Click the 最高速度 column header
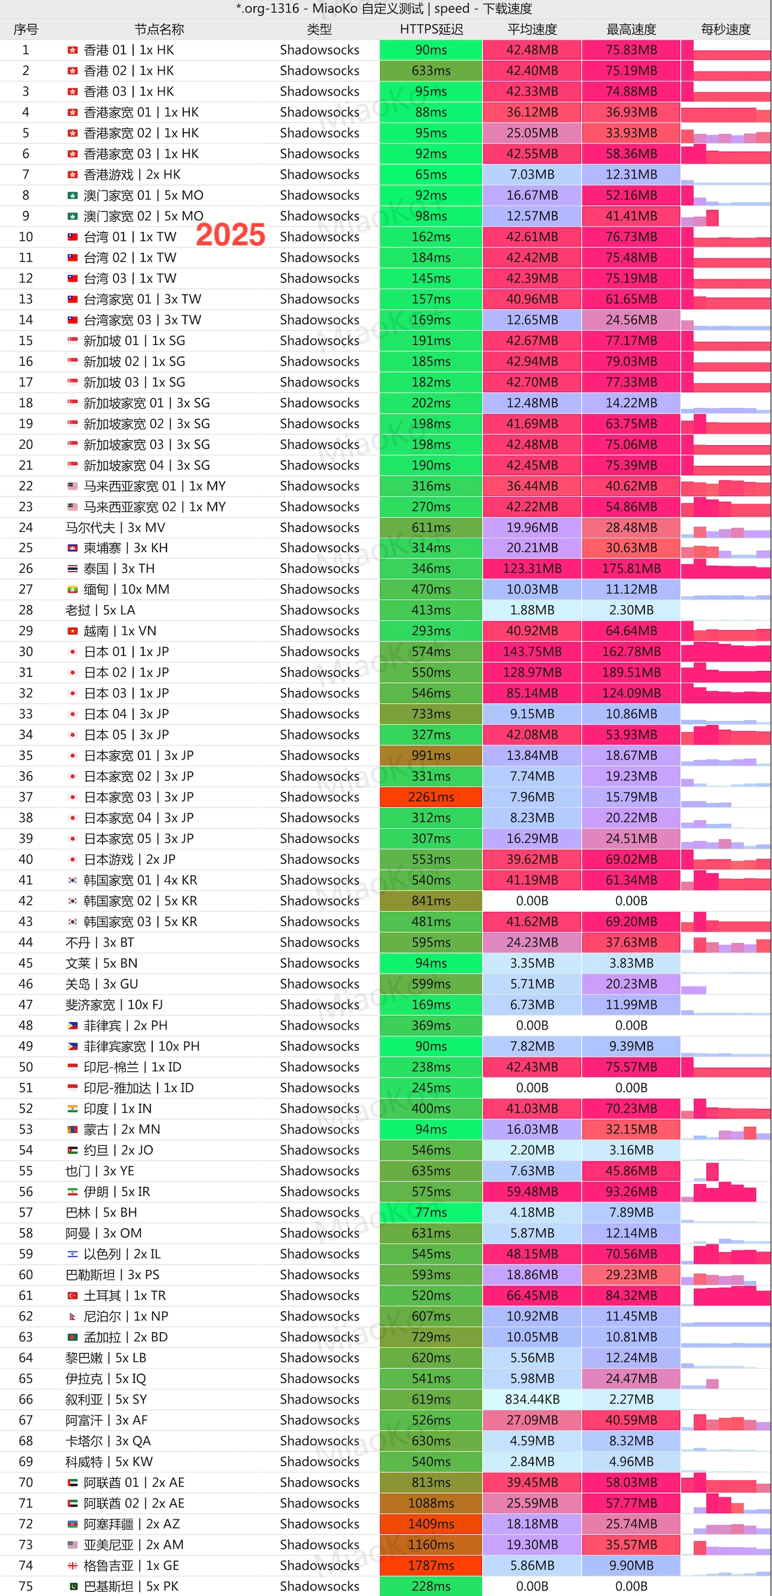(x=631, y=29)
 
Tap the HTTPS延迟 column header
(x=431, y=29)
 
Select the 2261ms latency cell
(x=431, y=797)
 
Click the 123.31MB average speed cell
(x=532, y=568)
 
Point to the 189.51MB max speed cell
(x=631, y=672)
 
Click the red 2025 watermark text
(x=230, y=235)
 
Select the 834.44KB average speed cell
(x=532, y=1399)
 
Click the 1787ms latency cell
(x=431, y=1565)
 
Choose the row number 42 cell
(x=26, y=901)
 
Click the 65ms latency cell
(x=431, y=174)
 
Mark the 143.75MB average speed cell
(x=532, y=651)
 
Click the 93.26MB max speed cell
(x=631, y=1191)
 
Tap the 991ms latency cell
(x=431, y=755)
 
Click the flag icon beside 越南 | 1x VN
(x=72, y=631)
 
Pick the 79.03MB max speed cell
(x=631, y=361)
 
